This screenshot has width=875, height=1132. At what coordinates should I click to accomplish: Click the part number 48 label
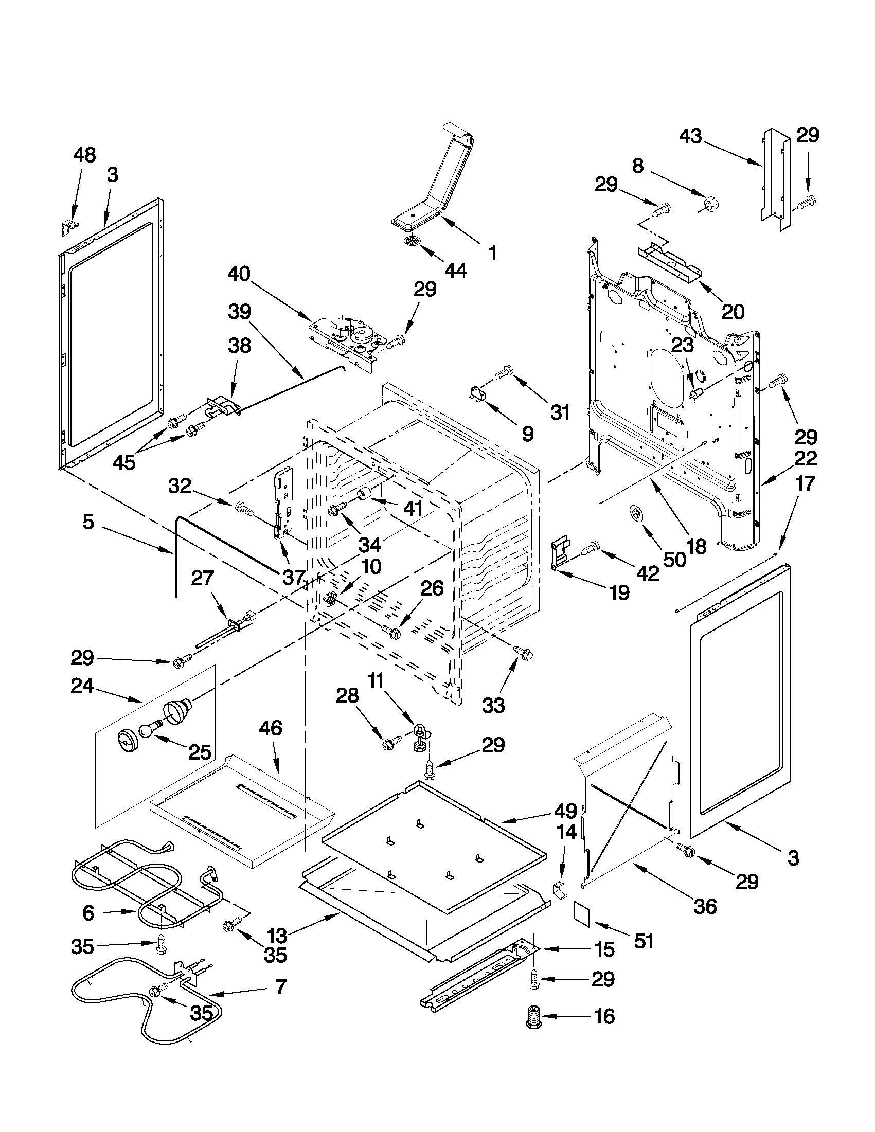(84, 155)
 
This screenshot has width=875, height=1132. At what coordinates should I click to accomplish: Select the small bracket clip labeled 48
(68, 226)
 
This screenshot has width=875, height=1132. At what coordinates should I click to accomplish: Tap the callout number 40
(239, 274)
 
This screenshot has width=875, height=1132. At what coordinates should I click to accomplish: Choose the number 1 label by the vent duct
(492, 253)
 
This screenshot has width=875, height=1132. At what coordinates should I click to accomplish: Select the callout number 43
(690, 136)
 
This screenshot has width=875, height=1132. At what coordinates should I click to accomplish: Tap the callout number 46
(271, 728)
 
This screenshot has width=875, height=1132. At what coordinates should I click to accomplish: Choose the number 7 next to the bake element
(280, 987)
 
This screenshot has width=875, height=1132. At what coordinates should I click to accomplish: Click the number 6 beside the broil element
(88, 913)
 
